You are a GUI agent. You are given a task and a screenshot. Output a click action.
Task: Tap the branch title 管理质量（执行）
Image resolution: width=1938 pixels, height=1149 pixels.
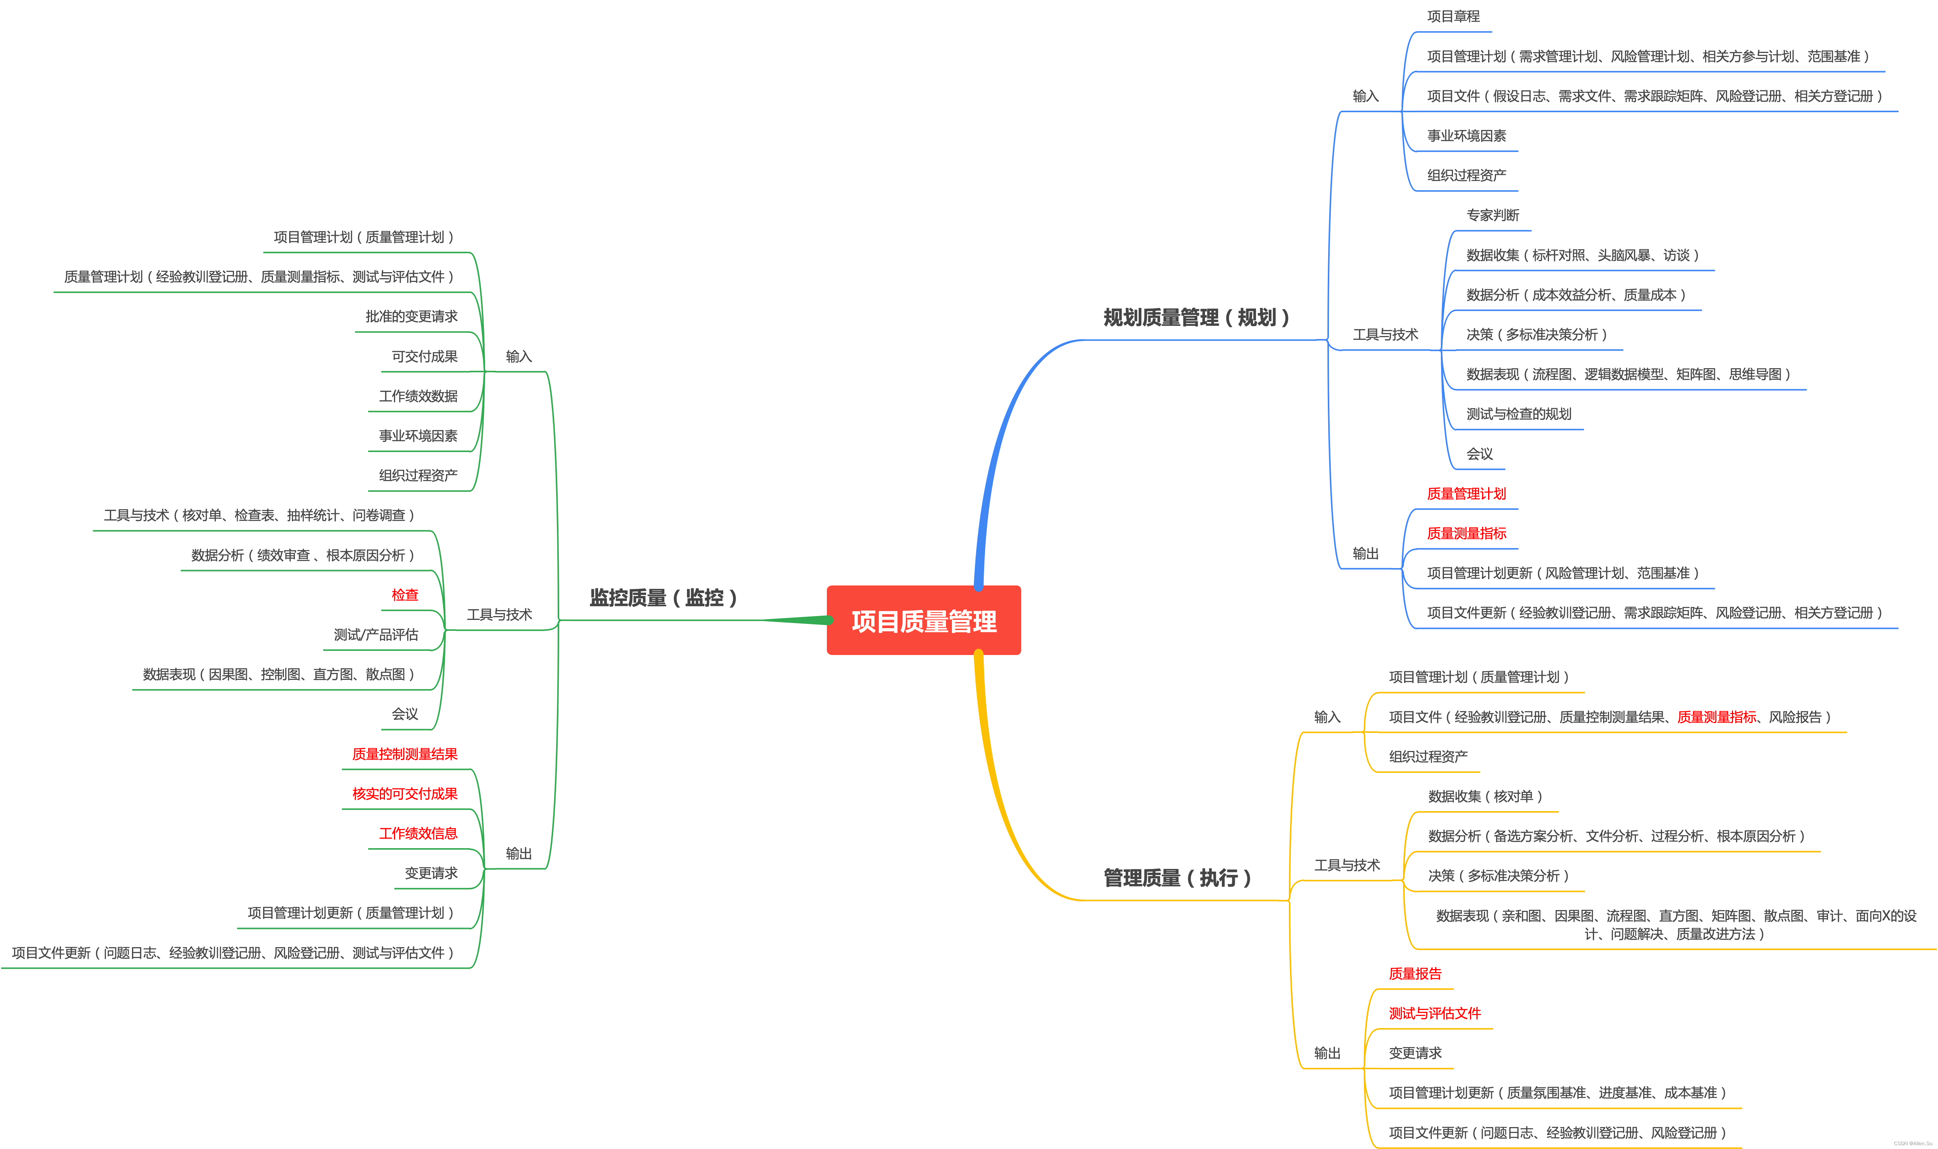(1177, 878)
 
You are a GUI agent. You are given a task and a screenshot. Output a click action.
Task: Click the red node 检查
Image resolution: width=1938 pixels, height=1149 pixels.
(404, 595)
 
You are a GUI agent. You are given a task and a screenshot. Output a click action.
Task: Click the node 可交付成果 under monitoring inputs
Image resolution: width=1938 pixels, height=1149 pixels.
(424, 356)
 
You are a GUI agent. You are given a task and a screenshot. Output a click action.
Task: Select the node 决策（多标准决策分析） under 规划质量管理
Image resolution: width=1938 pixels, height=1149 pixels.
(1536, 334)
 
